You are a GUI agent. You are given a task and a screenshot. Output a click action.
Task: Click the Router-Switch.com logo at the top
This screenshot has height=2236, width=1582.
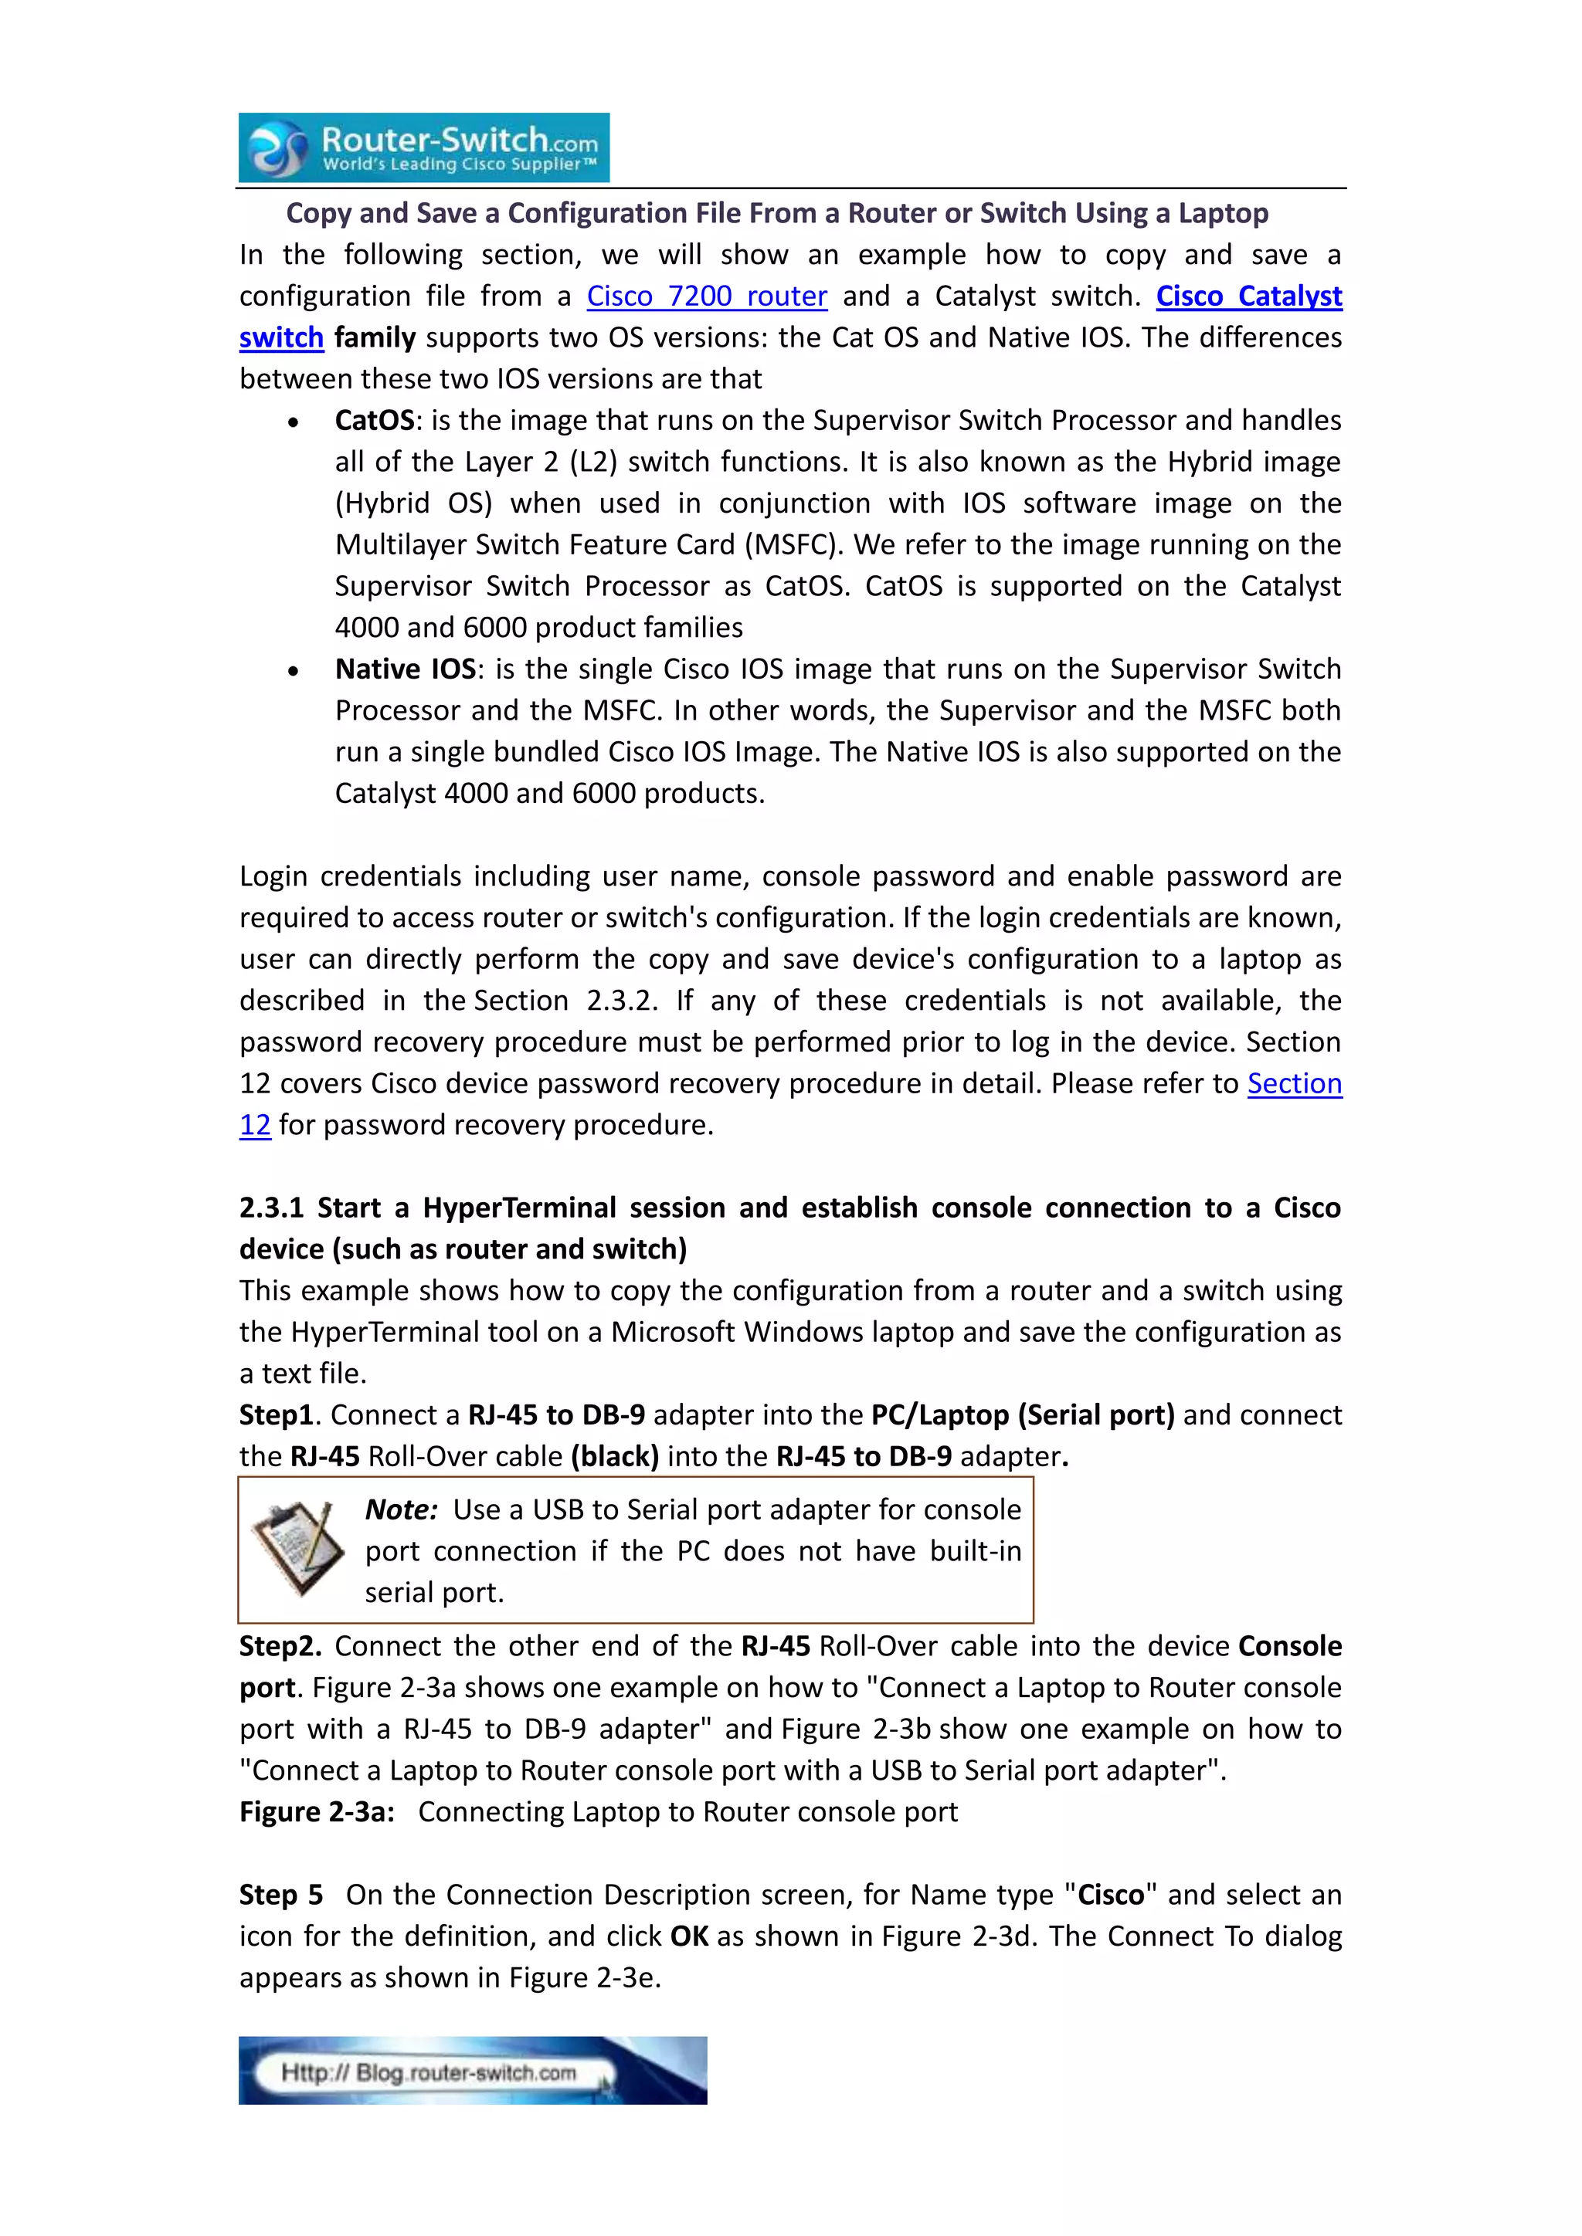pyautogui.click(x=424, y=148)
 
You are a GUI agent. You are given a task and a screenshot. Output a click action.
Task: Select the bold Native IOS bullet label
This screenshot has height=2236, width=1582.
pyautogui.click(x=406, y=669)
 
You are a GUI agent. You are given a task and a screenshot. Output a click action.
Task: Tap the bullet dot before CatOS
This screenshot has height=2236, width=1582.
pyautogui.click(x=294, y=422)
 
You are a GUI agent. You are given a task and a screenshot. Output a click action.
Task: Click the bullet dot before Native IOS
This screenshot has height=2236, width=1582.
pyautogui.click(x=294, y=671)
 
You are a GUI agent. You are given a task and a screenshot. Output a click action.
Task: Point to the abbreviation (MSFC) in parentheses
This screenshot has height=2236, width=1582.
pyautogui.click(x=792, y=545)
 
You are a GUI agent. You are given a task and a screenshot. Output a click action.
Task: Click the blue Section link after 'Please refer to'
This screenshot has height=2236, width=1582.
pyautogui.click(x=1294, y=1084)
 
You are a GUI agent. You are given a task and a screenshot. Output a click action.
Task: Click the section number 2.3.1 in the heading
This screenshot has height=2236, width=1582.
pyautogui.click(x=271, y=1208)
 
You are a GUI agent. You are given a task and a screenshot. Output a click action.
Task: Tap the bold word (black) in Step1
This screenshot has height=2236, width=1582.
pyautogui.click(x=615, y=1457)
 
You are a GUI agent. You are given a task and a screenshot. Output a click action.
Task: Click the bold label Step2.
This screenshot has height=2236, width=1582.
pyautogui.click(x=280, y=1647)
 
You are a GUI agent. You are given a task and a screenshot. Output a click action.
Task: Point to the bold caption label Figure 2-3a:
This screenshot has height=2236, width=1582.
pyautogui.click(x=317, y=1812)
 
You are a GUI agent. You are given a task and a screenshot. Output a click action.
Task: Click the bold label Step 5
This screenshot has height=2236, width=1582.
pyautogui.click(x=280, y=1896)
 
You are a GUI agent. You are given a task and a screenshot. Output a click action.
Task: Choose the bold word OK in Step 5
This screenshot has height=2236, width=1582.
pyautogui.click(x=689, y=1936)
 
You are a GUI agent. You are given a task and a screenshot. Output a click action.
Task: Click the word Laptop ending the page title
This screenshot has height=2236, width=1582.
pyautogui.click(x=1223, y=213)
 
